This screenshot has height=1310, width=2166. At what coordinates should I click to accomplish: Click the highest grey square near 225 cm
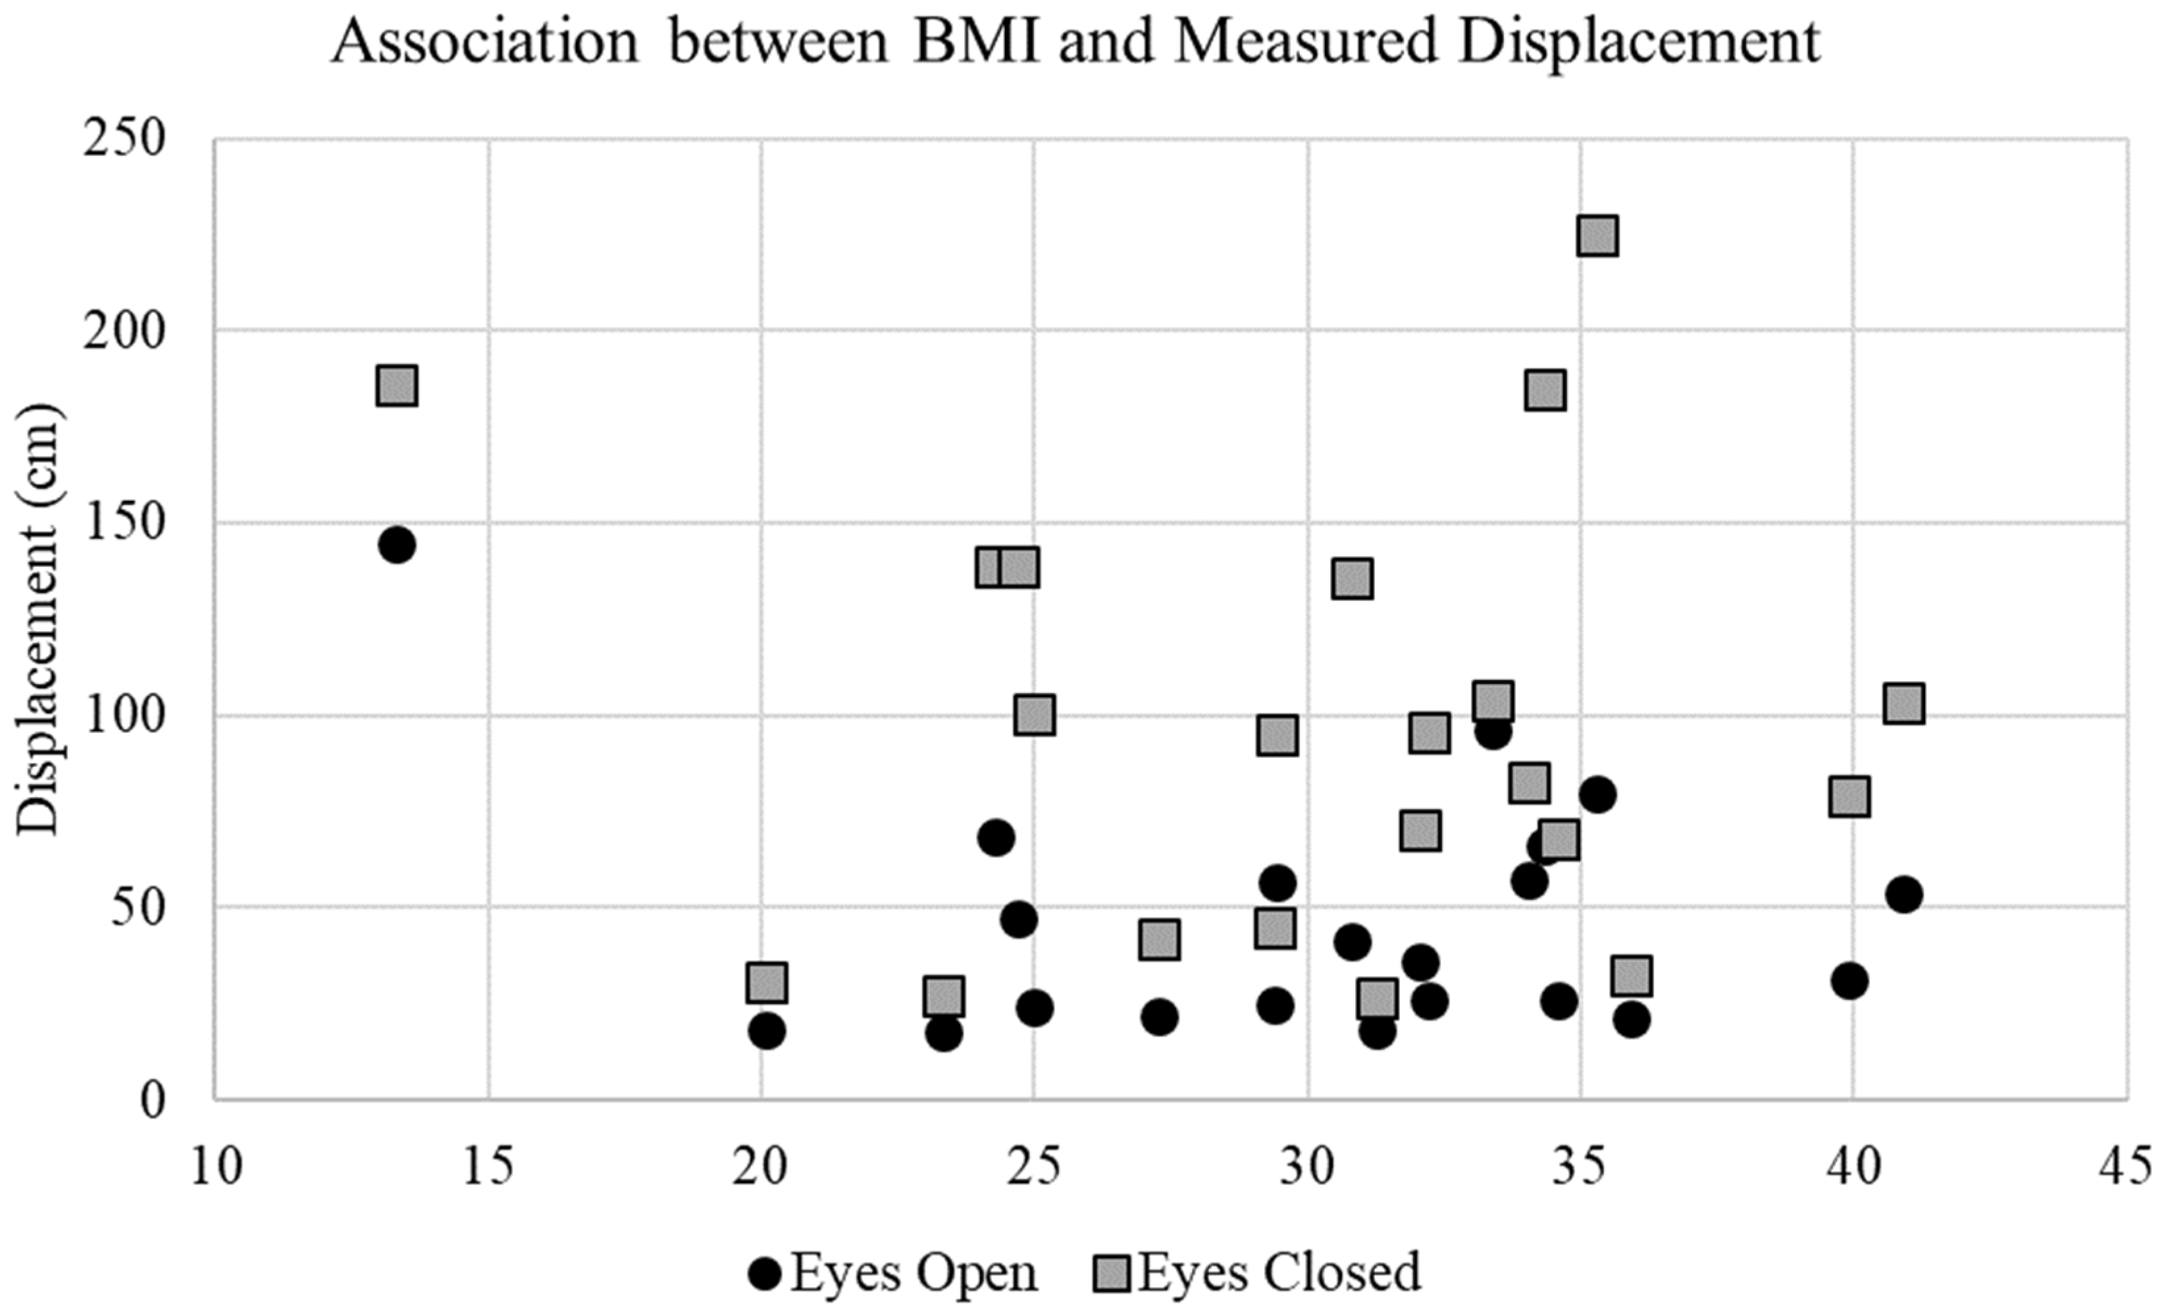coord(1597,236)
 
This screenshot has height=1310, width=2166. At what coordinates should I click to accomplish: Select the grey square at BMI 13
coord(396,386)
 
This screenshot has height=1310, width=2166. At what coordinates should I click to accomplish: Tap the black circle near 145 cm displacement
coord(396,545)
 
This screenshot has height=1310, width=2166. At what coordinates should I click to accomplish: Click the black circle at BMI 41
coord(1904,895)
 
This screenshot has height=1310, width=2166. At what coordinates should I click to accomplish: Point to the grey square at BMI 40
coord(1849,797)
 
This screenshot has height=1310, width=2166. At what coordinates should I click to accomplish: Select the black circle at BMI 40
coord(1849,981)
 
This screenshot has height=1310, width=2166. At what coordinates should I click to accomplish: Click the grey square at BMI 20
coord(767,982)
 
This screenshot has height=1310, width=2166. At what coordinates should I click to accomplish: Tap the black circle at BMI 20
coord(767,1032)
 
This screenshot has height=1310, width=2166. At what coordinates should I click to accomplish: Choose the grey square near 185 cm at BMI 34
coord(1545,390)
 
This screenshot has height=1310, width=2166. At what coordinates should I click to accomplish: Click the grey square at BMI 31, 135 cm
coord(1352,579)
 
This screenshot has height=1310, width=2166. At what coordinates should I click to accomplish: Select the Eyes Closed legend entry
coord(1257,1272)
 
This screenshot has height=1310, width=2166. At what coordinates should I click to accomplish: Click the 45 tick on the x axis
coord(2127,1168)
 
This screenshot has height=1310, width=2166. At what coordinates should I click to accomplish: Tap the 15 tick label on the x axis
coord(488,1168)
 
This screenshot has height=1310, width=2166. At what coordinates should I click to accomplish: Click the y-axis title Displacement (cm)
coord(38,620)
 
